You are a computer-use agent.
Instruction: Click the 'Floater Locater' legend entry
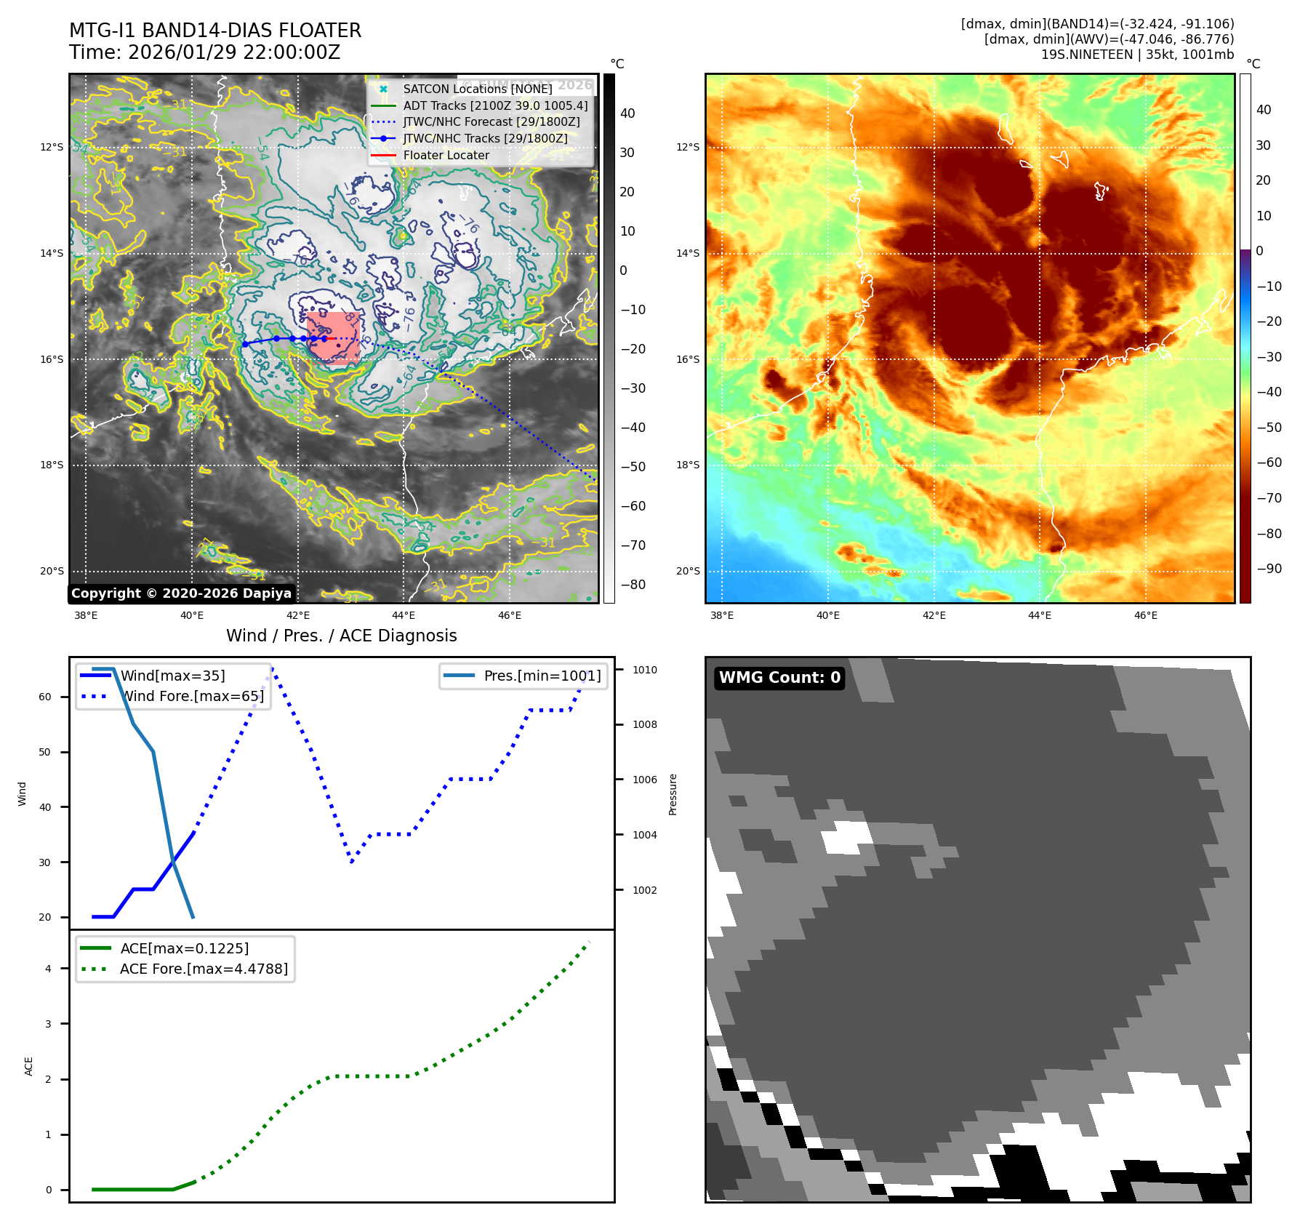click(446, 155)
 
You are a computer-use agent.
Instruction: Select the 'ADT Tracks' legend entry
click(495, 105)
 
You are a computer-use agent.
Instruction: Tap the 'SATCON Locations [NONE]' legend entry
click(477, 89)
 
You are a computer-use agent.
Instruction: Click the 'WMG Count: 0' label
click(779, 678)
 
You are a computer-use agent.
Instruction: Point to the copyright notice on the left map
click(181, 593)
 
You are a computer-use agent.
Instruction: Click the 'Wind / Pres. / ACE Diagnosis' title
click(341, 636)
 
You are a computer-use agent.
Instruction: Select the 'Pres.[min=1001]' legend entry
click(542, 676)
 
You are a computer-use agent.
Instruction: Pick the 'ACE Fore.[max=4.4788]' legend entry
click(204, 969)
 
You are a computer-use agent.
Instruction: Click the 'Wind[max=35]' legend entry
click(172, 676)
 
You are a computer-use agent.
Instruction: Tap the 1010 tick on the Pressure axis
click(644, 670)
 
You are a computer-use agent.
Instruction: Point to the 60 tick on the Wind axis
click(45, 697)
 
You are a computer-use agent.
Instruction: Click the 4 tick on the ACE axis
click(49, 969)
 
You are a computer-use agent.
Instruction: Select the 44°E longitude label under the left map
click(404, 615)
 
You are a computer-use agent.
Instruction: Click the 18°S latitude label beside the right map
click(688, 465)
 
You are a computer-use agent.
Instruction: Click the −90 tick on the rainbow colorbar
click(1269, 569)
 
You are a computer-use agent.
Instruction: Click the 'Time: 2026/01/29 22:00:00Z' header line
click(204, 52)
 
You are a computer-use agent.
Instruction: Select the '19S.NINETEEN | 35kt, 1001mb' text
click(1137, 55)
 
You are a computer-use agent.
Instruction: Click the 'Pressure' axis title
click(673, 794)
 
